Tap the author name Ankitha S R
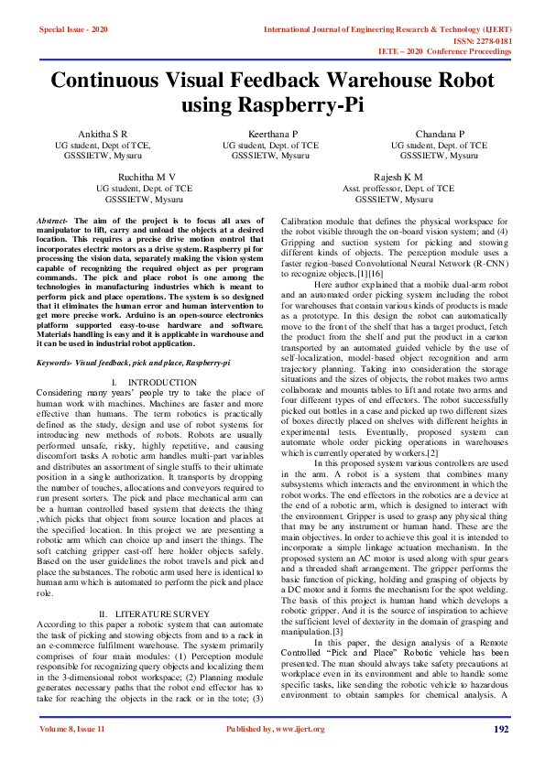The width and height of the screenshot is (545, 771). pos(102,134)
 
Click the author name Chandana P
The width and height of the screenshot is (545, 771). pos(440,134)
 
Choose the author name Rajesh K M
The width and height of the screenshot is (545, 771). pos(398,176)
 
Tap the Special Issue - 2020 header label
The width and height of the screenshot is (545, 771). pos(76,29)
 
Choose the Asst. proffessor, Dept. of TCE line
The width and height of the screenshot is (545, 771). pos(398,188)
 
